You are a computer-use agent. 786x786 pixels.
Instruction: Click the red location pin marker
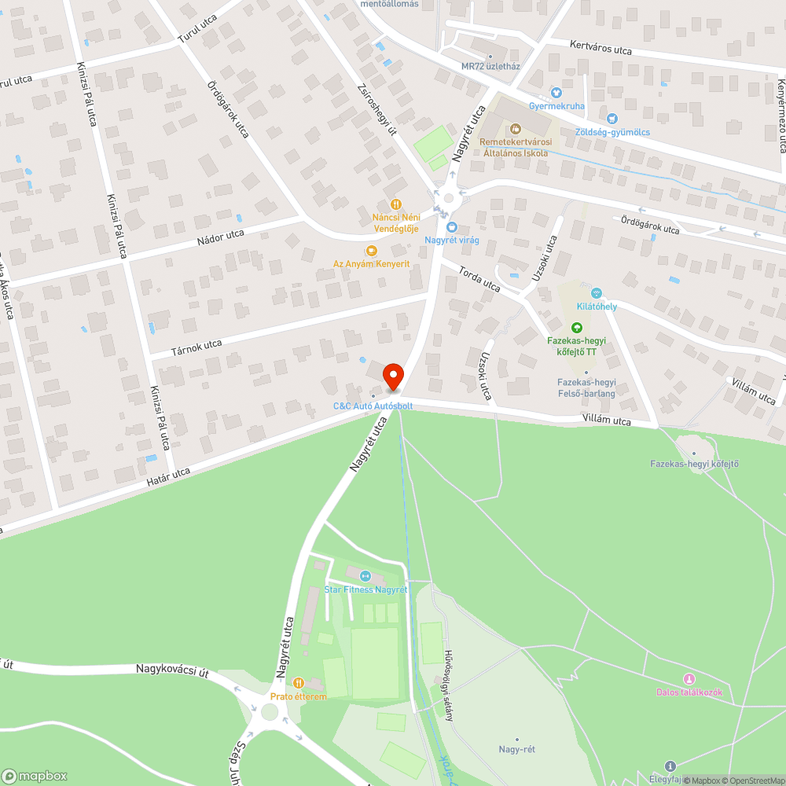(392, 377)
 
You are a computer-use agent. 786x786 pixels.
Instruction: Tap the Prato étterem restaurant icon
(298, 683)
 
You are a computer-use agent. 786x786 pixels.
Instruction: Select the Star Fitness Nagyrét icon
(365, 577)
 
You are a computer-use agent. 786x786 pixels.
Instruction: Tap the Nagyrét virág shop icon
(451, 227)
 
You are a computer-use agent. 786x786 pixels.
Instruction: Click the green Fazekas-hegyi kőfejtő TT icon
(576, 328)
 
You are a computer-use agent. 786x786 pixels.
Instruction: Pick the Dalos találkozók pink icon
(689, 679)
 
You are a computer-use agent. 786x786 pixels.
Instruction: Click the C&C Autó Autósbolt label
(373, 406)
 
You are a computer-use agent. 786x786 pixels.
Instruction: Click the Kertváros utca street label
(601, 50)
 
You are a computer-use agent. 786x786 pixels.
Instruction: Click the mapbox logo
(35, 776)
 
